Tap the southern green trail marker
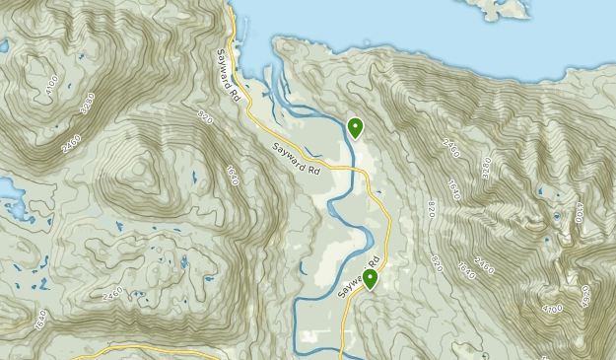[x=371, y=279]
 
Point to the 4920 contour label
[x=584, y=293]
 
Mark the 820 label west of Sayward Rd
[x=205, y=118]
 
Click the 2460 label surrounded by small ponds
[x=111, y=293]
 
